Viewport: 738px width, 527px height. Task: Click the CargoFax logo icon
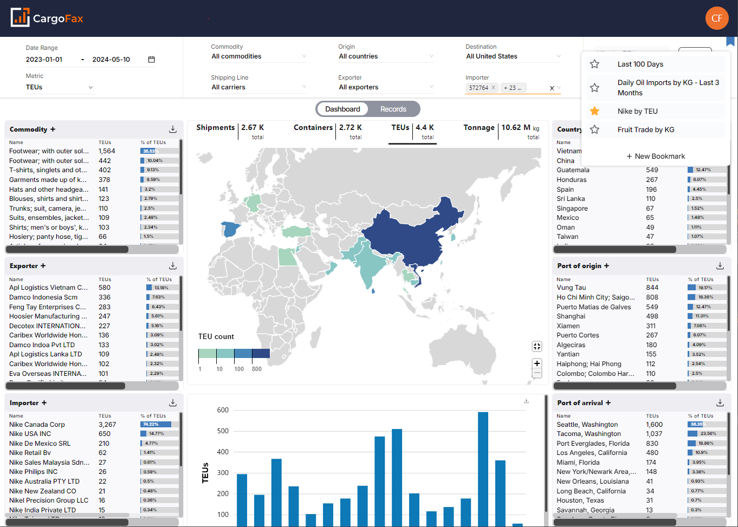[x=20, y=18]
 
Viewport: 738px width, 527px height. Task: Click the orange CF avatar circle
[x=716, y=18]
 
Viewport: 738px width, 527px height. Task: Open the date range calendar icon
[x=152, y=60]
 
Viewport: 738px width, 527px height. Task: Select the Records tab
[x=393, y=109]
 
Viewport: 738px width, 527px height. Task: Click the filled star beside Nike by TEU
[x=594, y=111]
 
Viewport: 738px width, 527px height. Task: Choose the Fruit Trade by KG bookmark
[x=645, y=129]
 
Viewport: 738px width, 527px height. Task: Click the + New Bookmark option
[x=656, y=156]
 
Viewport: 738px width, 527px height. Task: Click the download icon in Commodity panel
[x=173, y=129]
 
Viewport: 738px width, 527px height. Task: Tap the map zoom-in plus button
[x=537, y=363]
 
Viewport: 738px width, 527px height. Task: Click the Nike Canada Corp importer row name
[x=37, y=425]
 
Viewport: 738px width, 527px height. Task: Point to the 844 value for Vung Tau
[x=652, y=288]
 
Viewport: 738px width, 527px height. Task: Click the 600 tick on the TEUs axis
[x=223, y=410]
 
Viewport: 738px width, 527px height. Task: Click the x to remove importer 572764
[x=493, y=88]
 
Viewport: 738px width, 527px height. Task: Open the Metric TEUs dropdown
[x=60, y=87]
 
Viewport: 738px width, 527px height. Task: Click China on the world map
[x=412, y=238]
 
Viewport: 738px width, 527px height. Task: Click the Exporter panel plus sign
[x=43, y=266]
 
